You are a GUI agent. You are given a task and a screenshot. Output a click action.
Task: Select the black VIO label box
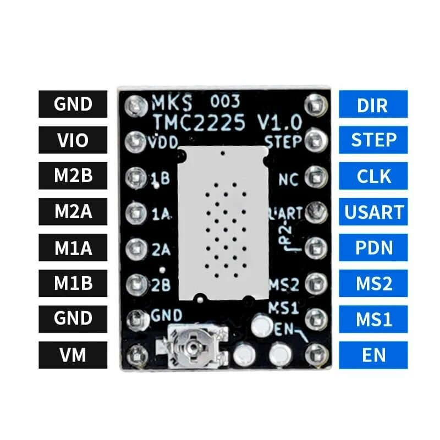click(73, 140)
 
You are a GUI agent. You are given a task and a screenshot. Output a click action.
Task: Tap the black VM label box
click(73, 355)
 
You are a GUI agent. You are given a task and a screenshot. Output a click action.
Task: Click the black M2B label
click(73, 176)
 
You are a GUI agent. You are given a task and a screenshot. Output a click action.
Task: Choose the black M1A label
click(73, 248)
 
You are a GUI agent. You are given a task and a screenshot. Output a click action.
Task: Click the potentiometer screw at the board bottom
click(191, 346)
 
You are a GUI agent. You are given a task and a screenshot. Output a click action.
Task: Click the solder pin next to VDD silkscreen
click(135, 141)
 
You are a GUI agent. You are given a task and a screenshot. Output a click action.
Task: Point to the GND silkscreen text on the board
click(167, 315)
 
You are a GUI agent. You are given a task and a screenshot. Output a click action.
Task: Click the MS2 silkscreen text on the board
click(284, 285)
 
